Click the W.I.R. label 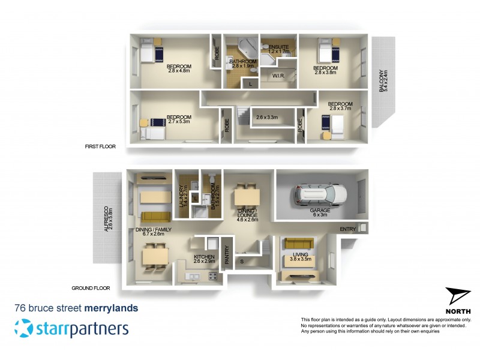coord(278,76)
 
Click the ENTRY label coord(347,229)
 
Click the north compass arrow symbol coord(458,298)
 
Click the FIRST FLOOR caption coord(101,146)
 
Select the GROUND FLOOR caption coord(90,288)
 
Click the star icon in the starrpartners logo coord(24,328)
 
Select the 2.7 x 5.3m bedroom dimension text coord(179,122)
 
